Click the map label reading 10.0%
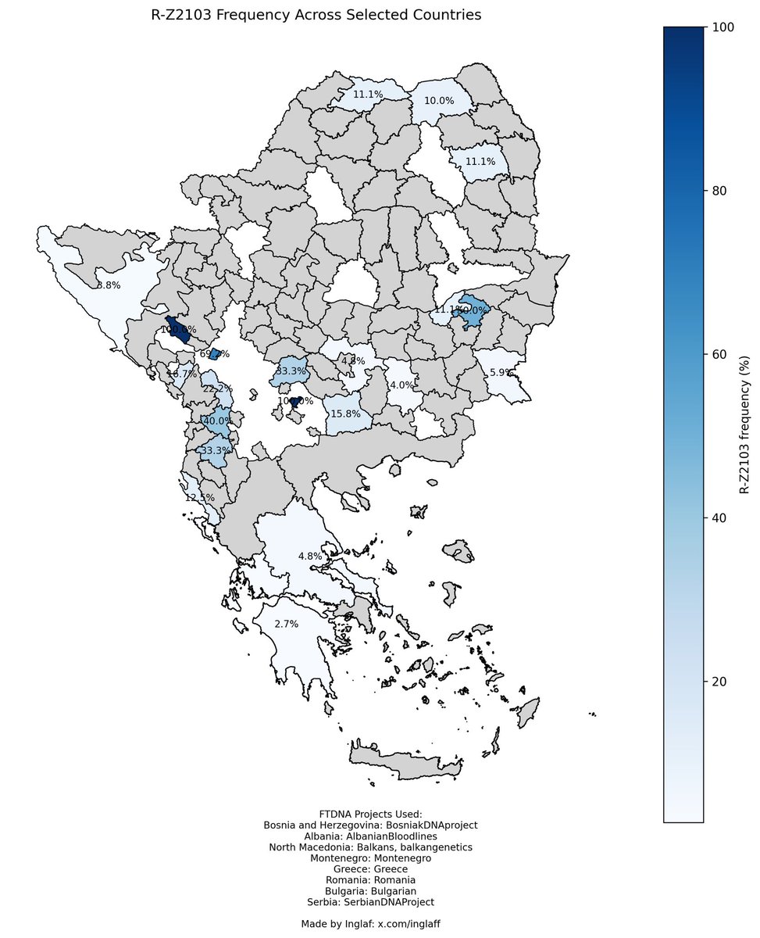439,101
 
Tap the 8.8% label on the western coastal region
108,285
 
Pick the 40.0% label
216,421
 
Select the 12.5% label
198,498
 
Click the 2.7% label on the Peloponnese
287,624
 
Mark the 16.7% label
183,374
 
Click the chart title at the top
316,15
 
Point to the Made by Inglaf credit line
370,924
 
